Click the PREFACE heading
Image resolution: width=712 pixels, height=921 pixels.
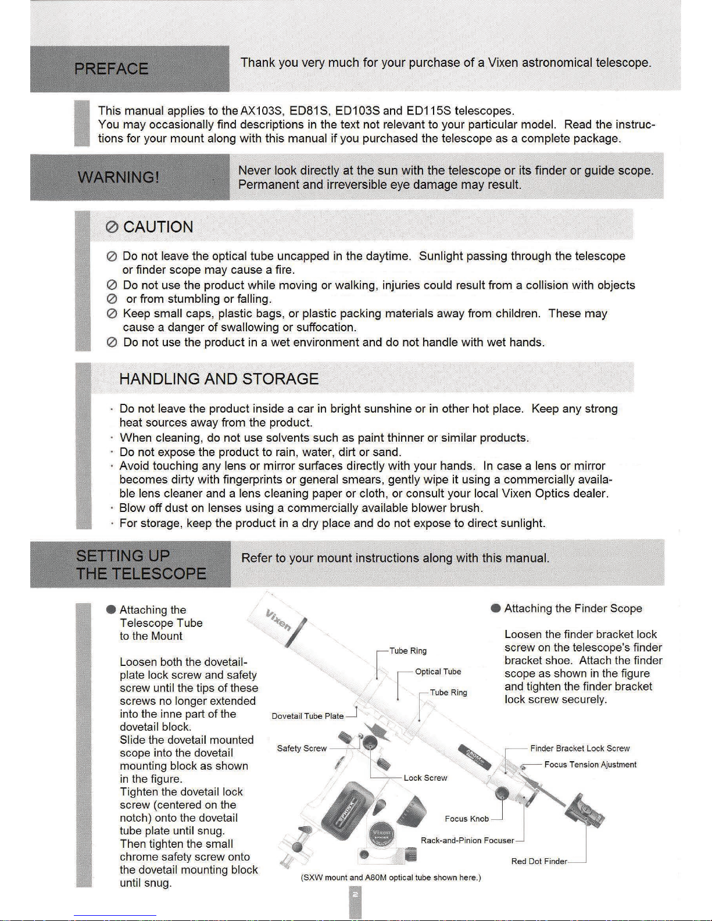pos(111,69)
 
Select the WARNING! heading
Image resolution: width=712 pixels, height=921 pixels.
pos(119,177)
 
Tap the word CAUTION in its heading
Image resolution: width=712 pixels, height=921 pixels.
pos(158,227)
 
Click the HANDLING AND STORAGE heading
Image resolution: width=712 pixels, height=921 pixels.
pos(219,379)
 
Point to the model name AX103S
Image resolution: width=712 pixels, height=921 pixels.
pos(261,110)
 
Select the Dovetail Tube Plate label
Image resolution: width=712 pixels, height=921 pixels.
pos(307,716)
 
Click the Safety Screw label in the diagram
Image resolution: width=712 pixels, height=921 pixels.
pos(302,748)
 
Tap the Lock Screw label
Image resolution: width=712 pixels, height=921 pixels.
pos(425,778)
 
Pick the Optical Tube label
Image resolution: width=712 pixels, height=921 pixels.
pos(438,672)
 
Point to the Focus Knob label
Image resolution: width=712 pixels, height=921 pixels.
pos(467,819)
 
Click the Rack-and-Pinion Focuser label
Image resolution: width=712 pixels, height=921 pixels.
pos(467,840)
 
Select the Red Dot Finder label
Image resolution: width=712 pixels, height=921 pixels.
pos(539,861)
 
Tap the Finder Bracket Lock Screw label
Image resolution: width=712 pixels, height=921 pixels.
pos(579,748)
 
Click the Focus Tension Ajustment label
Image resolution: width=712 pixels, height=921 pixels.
pos(590,765)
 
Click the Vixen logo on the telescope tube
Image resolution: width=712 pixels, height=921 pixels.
pos(278,621)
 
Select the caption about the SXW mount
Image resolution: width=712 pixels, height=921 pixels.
pos(391,877)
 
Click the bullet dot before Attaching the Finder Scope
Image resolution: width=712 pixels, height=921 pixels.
pos(496,608)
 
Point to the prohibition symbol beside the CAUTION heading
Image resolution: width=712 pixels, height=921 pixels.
pos(112,227)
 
